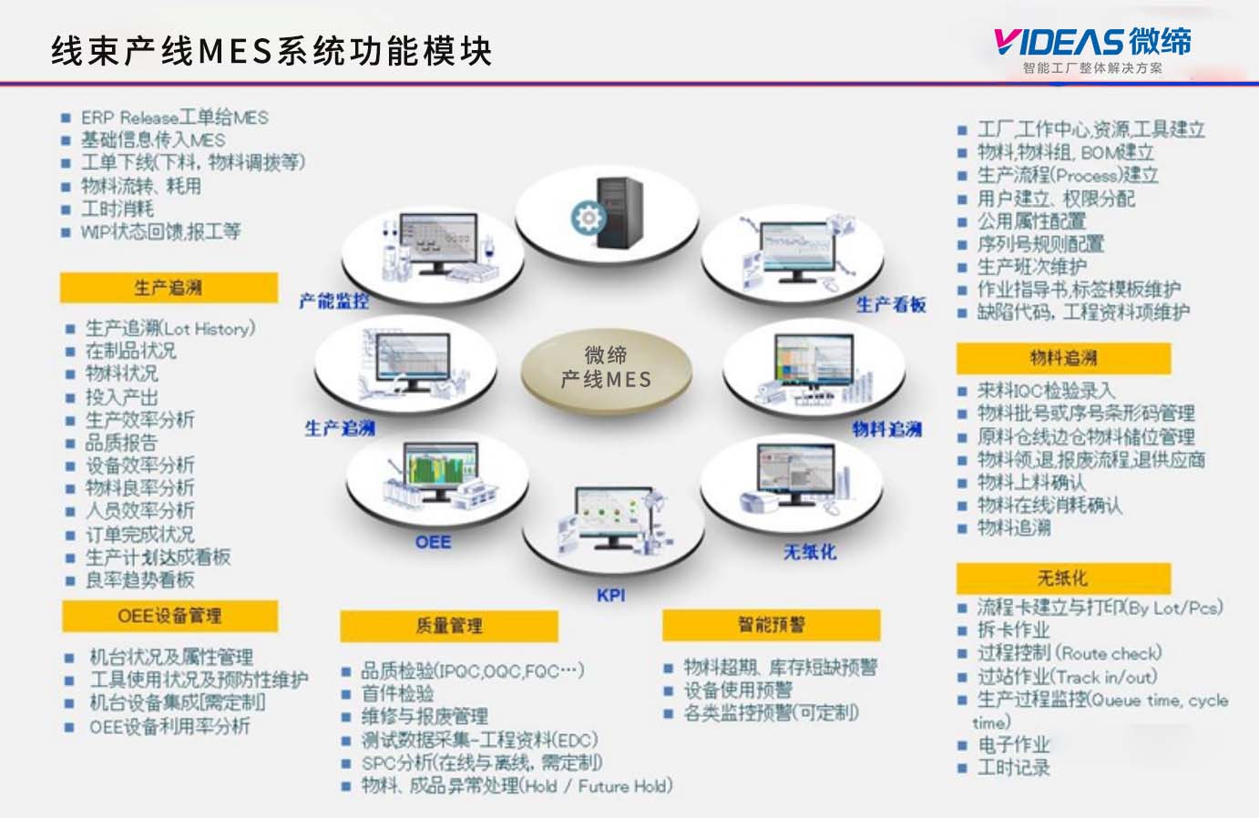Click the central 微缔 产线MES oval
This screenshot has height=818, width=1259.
click(606, 368)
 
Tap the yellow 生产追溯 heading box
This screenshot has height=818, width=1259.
click(169, 288)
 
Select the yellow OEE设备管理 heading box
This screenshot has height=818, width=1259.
click(169, 616)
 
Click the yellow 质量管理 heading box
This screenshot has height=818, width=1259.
click(448, 626)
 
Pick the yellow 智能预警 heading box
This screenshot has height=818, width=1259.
click(771, 625)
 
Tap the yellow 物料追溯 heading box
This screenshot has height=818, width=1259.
click(1063, 358)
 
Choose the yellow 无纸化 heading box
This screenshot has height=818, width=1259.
click(1062, 578)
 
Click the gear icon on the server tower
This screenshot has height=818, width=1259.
click(588, 217)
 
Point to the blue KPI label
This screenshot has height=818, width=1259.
click(610, 595)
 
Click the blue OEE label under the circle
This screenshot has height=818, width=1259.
click(433, 542)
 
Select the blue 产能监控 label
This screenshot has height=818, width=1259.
click(334, 301)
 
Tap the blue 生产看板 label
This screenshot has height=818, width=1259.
click(891, 304)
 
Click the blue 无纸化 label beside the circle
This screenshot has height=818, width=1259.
click(809, 552)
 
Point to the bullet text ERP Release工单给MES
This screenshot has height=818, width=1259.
click(174, 118)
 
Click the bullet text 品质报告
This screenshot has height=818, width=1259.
click(121, 443)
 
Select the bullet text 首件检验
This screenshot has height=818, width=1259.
click(397, 694)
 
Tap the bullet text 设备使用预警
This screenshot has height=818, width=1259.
click(738, 690)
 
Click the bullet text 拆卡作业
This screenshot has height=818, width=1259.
click(1013, 630)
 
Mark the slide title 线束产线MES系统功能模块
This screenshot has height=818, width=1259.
click(271, 51)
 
